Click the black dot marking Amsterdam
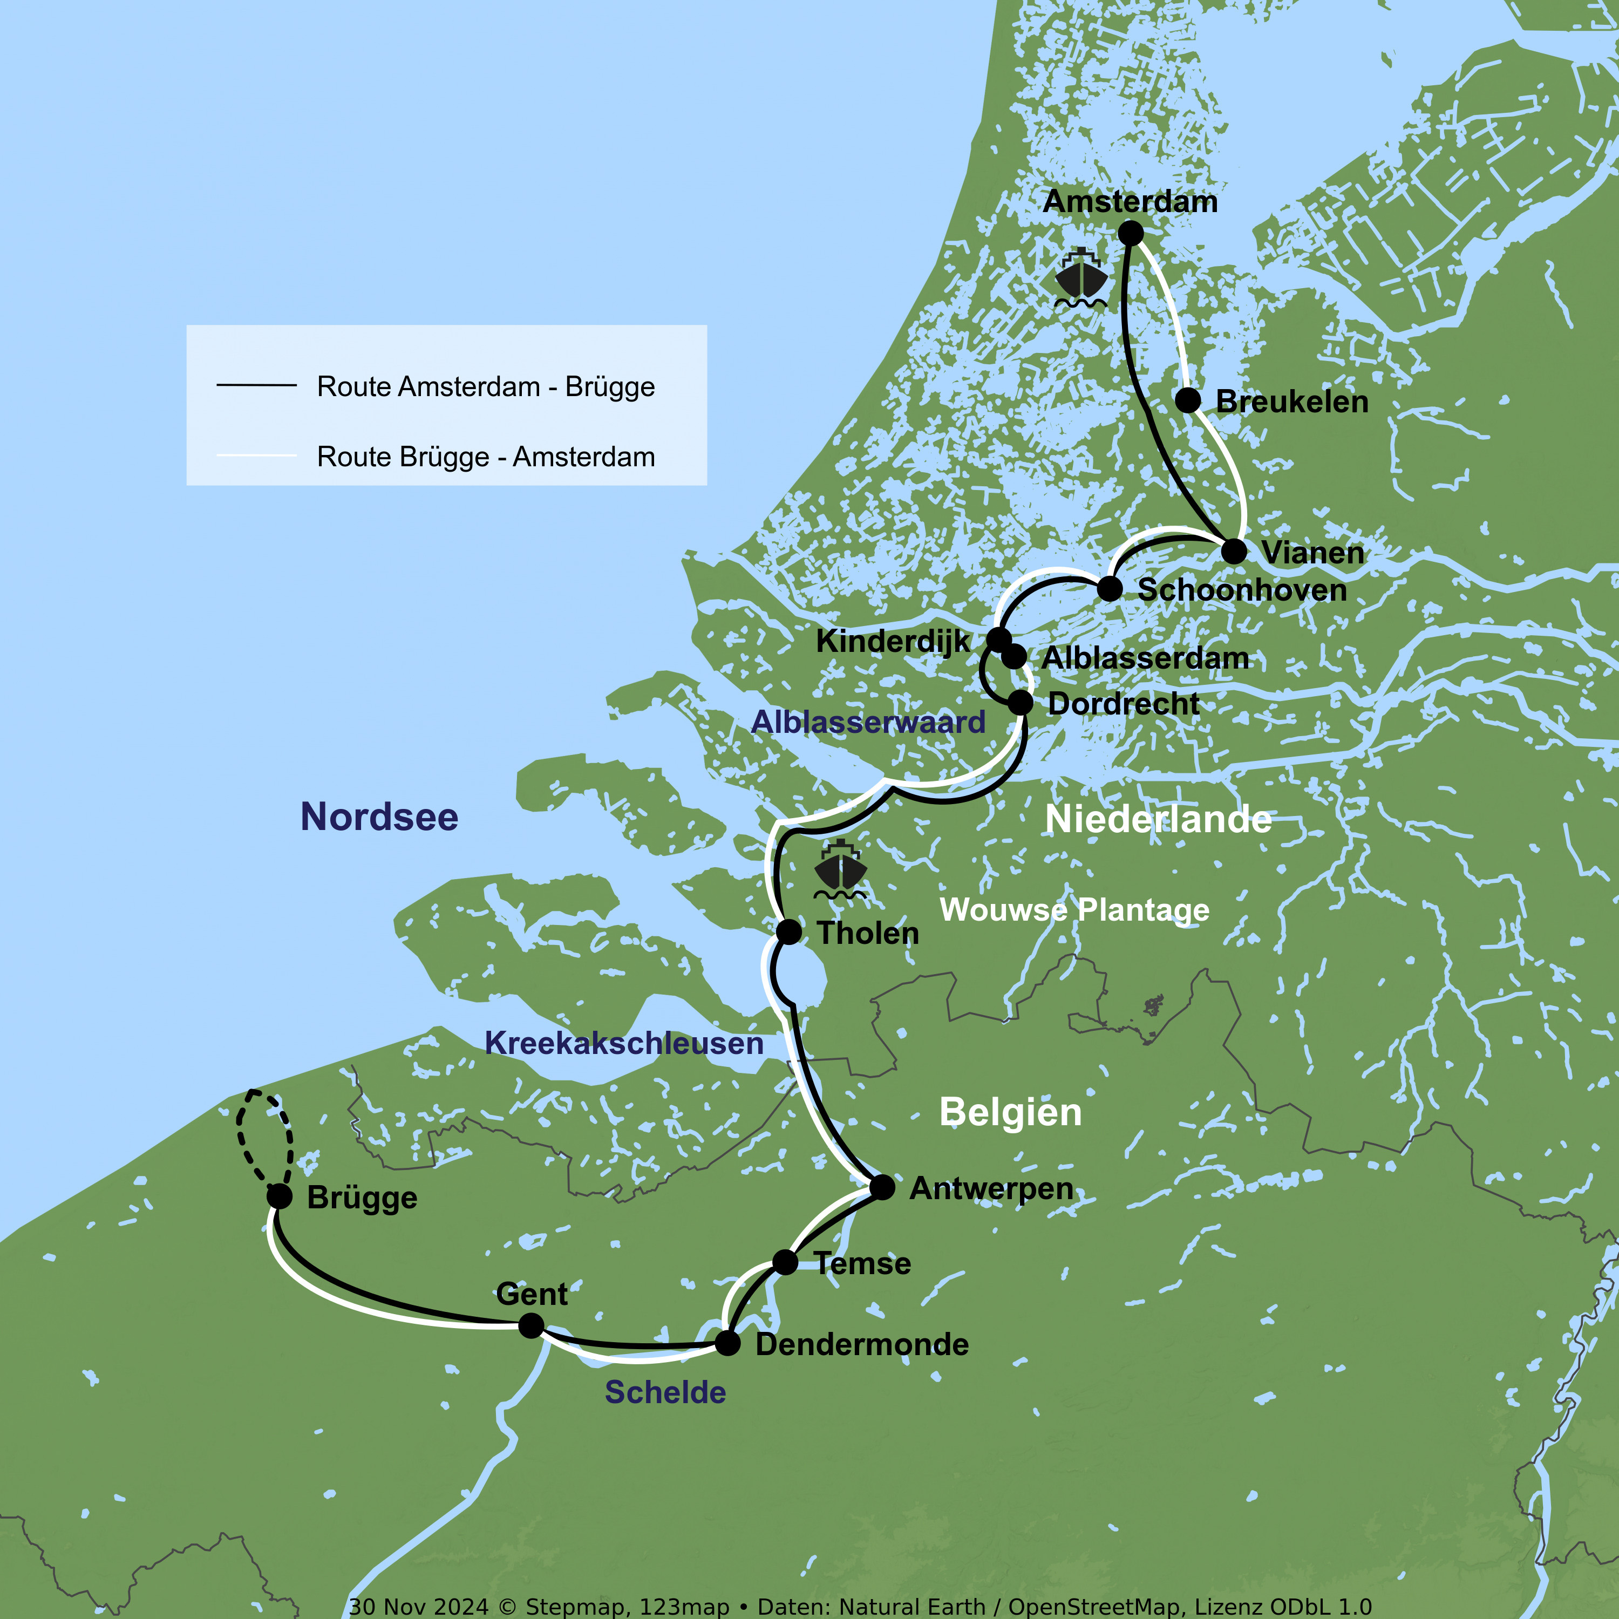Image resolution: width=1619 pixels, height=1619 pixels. point(1131,233)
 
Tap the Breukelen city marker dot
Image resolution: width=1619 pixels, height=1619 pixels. point(1187,400)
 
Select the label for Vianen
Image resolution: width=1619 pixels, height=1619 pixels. point(1312,553)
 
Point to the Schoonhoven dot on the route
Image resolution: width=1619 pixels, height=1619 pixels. point(1110,589)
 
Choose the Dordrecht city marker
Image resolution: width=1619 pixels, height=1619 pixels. point(1020,702)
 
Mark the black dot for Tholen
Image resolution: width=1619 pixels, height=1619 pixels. point(788,931)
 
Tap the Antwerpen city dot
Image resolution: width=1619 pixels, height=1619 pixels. point(882,1187)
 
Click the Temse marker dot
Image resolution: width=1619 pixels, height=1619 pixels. point(785,1261)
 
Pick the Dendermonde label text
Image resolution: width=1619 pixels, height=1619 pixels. point(861,1345)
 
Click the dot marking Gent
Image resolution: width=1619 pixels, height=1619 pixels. point(530,1325)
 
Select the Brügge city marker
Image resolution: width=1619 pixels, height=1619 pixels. point(279,1196)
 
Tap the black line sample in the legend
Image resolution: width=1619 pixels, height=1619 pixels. point(256,385)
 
